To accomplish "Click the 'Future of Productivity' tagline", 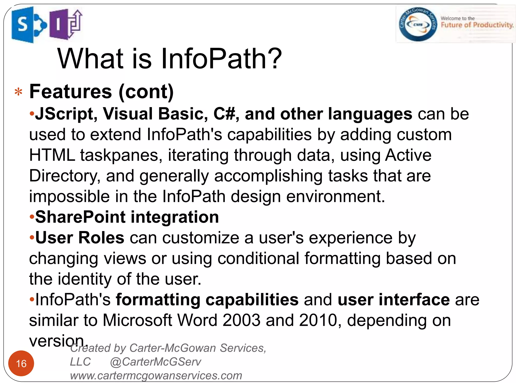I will click(477, 25).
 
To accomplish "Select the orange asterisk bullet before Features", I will click(18, 92).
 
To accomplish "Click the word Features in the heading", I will click(71, 91).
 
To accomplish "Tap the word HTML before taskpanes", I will click(52, 155).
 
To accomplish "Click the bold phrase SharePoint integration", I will click(127, 217).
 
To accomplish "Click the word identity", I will click(85, 279).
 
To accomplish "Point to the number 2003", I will click(241, 320).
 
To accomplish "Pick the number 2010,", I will click(320, 320).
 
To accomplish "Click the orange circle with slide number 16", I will click(21, 363).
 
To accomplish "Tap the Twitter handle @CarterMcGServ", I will click(155, 362).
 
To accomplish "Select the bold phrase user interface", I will click(394, 300).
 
